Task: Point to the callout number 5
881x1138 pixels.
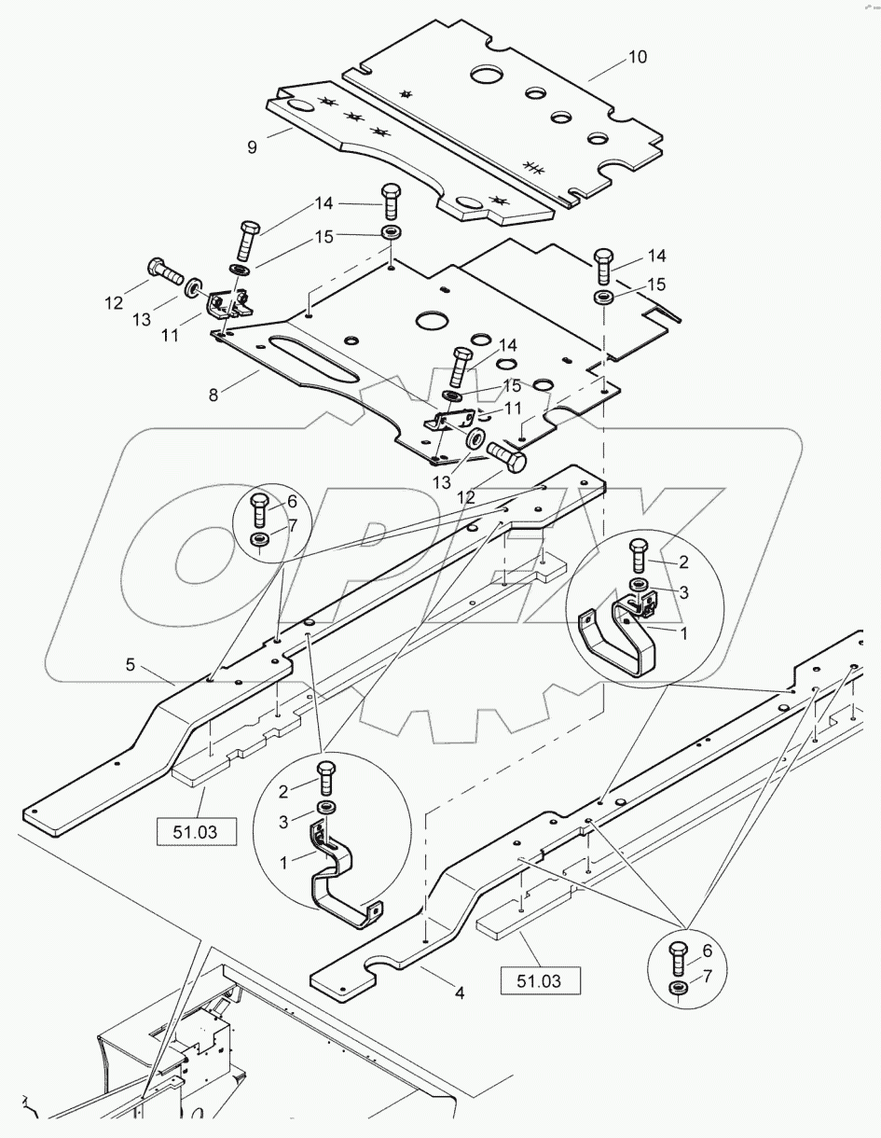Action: [x=131, y=665]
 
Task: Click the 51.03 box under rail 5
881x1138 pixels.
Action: [x=198, y=829]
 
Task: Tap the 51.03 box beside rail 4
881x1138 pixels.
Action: [x=541, y=980]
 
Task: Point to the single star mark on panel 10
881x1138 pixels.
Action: [x=406, y=93]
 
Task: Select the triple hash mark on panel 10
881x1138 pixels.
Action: [x=533, y=167]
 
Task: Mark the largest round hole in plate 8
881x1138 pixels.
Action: [x=434, y=321]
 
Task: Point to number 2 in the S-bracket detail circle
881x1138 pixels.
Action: [x=284, y=791]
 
